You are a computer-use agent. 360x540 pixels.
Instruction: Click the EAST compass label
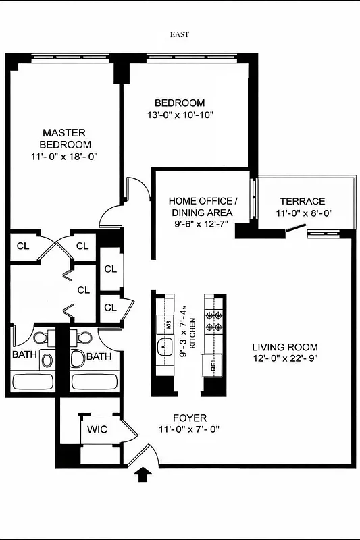(180, 33)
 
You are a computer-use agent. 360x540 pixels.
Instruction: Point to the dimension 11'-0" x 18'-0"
(64, 157)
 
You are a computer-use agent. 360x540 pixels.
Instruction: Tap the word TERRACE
(303, 201)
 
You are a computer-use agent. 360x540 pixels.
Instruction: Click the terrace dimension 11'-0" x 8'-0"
(303, 213)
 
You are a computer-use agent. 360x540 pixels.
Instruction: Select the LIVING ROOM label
(281, 346)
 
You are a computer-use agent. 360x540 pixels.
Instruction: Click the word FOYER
(190, 418)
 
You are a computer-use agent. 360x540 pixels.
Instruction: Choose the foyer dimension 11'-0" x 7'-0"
(190, 429)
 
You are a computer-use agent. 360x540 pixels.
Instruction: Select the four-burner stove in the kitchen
(214, 321)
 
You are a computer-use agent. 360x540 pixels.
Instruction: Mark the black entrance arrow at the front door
(143, 475)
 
